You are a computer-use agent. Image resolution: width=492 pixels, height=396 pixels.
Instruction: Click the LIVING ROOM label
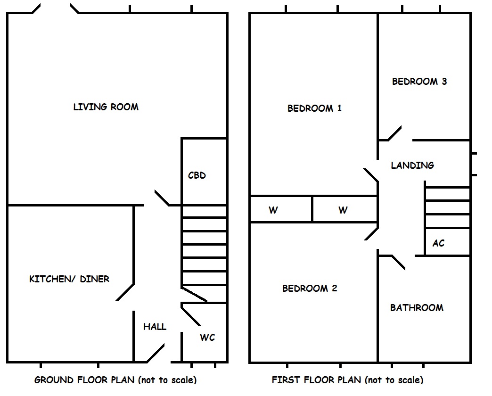106,107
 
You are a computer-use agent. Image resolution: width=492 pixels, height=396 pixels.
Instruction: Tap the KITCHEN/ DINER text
69,279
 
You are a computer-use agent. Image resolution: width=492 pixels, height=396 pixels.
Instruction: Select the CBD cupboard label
197,175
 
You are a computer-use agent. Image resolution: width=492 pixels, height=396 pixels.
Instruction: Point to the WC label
207,338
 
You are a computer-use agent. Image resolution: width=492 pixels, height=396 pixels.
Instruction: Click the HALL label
155,327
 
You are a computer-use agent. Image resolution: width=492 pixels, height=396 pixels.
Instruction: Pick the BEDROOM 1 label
314,108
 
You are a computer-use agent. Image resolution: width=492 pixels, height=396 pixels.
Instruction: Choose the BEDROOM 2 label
310,289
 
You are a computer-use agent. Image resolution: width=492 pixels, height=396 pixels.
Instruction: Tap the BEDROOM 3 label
419,82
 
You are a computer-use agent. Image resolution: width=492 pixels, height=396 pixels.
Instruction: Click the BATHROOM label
417,308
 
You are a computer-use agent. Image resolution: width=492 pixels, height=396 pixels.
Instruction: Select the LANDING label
412,165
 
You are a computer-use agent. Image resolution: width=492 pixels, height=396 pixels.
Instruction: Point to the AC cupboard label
438,244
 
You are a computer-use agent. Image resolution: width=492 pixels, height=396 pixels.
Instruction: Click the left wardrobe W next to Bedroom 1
273,210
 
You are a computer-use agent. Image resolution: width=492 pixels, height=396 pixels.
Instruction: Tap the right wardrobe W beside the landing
343,210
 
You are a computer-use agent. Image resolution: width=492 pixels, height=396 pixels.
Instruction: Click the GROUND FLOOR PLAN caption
115,380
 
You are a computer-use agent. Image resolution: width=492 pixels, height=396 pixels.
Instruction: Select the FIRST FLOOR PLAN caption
347,380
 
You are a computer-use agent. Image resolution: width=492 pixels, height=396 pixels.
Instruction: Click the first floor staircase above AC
447,207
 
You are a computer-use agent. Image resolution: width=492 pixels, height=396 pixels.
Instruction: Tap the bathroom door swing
398,262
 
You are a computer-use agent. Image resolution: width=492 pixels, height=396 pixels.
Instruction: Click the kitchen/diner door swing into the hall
125,292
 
